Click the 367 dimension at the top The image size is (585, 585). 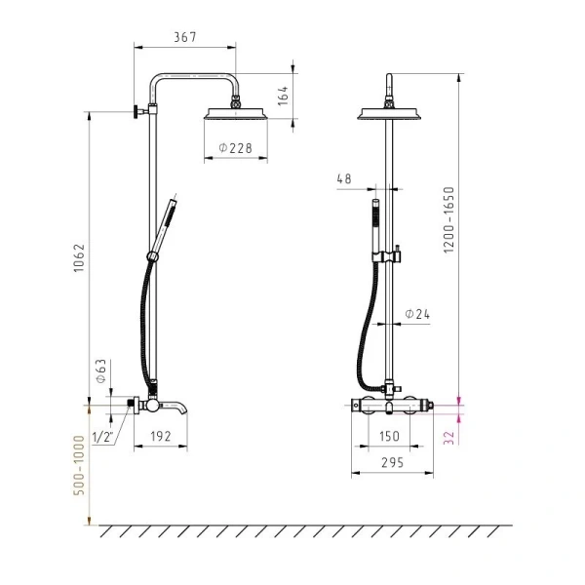tap(184, 37)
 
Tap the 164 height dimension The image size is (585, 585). tap(284, 96)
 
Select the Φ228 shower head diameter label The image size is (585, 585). tap(235, 148)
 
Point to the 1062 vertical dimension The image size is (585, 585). tap(79, 258)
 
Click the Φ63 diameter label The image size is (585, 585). tap(101, 370)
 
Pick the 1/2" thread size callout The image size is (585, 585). tap(102, 437)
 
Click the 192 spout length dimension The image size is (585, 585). tap(161, 436)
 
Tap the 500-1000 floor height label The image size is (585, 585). tap(79, 465)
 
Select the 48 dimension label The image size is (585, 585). tap(344, 178)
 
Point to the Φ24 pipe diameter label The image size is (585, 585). tap(417, 314)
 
